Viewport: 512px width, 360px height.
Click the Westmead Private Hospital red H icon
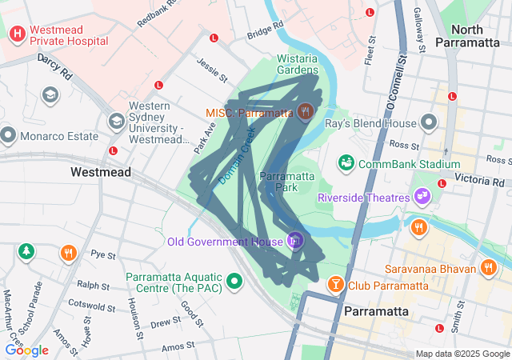pyautogui.click(x=17, y=35)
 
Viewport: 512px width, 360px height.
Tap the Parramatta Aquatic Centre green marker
pyautogui.click(x=234, y=281)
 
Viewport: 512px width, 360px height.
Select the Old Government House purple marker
pyautogui.click(x=295, y=239)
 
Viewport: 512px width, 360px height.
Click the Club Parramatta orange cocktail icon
pyautogui.click(x=335, y=284)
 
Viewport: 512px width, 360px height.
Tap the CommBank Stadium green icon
pyautogui.click(x=346, y=163)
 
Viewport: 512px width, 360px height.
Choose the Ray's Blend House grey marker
pyautogui.click(x=430, y=123)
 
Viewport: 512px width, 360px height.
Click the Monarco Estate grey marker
pyautogui.click(x=9, y=134)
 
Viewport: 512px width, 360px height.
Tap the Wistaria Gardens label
pyautogui.click(x=298, y=64)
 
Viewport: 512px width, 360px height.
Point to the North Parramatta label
pyautogui.click(x=470, y=36)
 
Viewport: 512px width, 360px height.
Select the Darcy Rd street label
pyautogui.click(x=54, y=67)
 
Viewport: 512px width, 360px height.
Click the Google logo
pyautogui.click(x=27, y=350)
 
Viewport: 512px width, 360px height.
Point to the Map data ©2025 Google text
pyautogui.click(x=462, y=354)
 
